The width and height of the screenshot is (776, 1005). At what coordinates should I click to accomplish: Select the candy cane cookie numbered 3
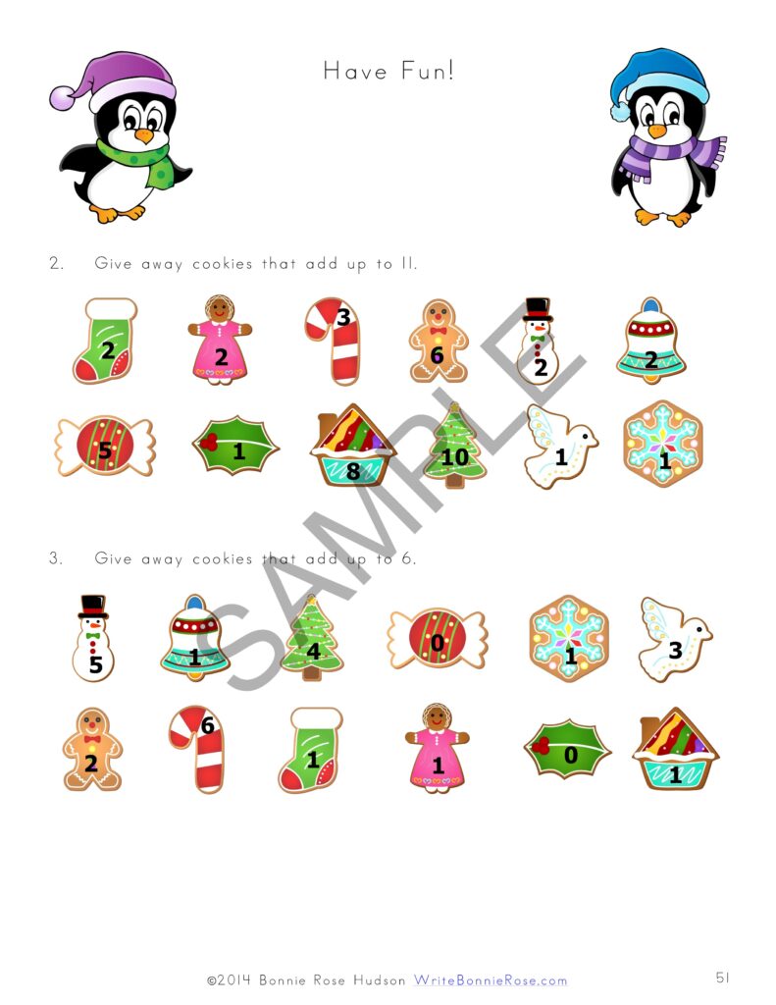331,340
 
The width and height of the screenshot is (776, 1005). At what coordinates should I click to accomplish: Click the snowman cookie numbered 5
94,638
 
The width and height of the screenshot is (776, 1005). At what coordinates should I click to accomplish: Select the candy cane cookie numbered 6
196,748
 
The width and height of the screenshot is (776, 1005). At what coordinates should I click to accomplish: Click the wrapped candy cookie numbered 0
438,640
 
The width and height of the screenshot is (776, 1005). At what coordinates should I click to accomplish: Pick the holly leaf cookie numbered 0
567,750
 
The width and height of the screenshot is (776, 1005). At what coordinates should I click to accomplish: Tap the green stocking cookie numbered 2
104,342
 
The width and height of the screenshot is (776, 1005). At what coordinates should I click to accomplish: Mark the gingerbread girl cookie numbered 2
221,340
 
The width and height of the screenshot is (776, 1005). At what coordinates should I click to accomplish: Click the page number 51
722,978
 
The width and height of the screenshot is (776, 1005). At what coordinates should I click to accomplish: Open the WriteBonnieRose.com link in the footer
490,979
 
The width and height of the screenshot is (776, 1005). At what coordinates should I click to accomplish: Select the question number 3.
57,558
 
